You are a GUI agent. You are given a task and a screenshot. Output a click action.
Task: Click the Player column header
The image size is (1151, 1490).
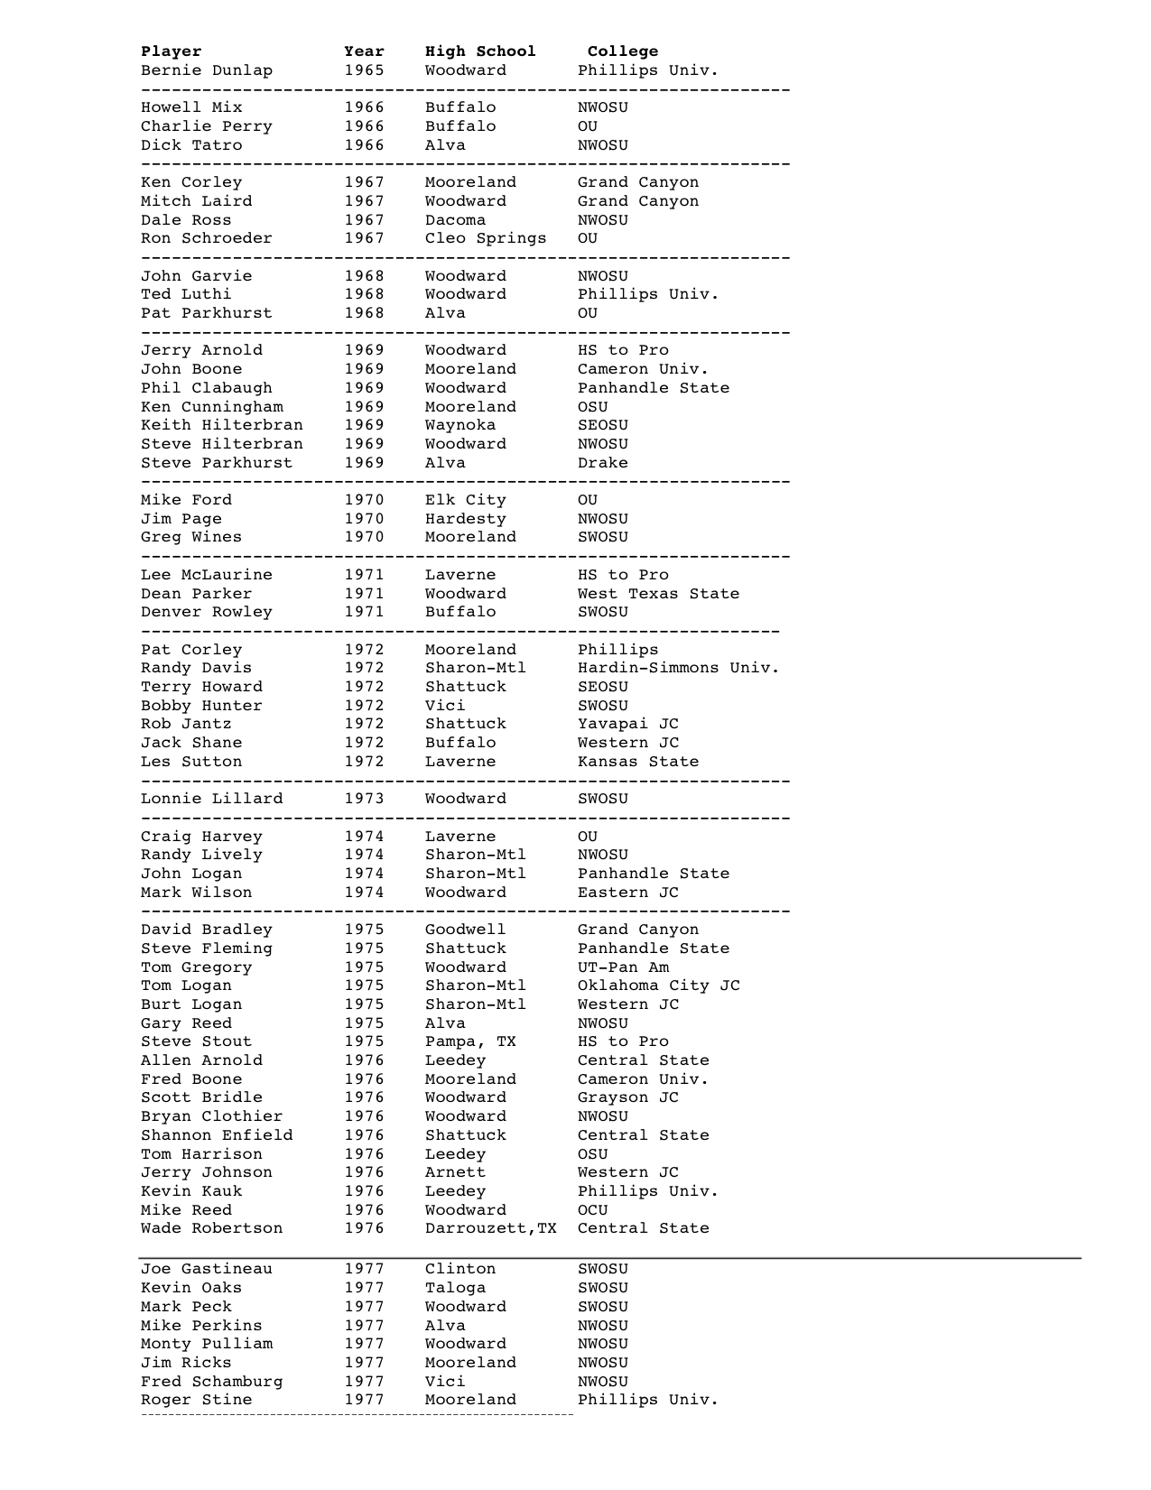click(x=172, y=51)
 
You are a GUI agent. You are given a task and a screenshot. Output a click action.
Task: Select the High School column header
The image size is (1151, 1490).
click(x=480, y=51)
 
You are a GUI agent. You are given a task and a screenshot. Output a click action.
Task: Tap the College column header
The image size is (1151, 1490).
click(x=623, y=51)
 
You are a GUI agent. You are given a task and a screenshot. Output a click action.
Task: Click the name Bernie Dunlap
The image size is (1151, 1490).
click(x=207, y=70)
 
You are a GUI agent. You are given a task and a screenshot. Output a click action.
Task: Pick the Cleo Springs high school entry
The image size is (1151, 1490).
click(x=486, y=238)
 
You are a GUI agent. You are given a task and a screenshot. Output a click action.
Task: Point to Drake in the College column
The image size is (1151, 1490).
click(x=602, y=463)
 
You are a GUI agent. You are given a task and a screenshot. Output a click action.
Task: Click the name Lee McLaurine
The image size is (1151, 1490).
click(x=207, y=575)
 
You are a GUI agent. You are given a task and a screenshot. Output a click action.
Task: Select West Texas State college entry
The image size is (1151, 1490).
click(x=658, y=594)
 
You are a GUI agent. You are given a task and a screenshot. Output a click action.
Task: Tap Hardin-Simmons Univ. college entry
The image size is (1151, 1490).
click(x=678, y=668)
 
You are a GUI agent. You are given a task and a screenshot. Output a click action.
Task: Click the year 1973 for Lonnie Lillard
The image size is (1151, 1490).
click(x=364, y=799)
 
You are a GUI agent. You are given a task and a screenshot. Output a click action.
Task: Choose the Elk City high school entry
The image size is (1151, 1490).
click(x=466, y=500)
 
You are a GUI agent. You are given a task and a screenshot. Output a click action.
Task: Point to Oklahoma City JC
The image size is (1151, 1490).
click(x=658, y=986)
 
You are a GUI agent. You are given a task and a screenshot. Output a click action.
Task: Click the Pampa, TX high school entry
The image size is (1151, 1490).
click(x=470, y=1041)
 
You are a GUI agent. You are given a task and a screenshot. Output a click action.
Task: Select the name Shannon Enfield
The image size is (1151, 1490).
click(x=217, y=1135)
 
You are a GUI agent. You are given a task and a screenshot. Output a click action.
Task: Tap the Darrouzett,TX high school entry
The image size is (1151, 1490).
click(x=491, y=1228)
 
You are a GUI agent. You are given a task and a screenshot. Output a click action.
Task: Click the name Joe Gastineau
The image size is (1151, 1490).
click(x=207, y=1269)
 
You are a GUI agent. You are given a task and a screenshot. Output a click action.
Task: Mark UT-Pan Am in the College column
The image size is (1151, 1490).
click(x=623, y=967)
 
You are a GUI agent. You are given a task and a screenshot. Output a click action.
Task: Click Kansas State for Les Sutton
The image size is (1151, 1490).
click(x=638, y=762)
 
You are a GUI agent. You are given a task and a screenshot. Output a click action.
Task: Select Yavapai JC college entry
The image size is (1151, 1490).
click(x=628, y=724)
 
